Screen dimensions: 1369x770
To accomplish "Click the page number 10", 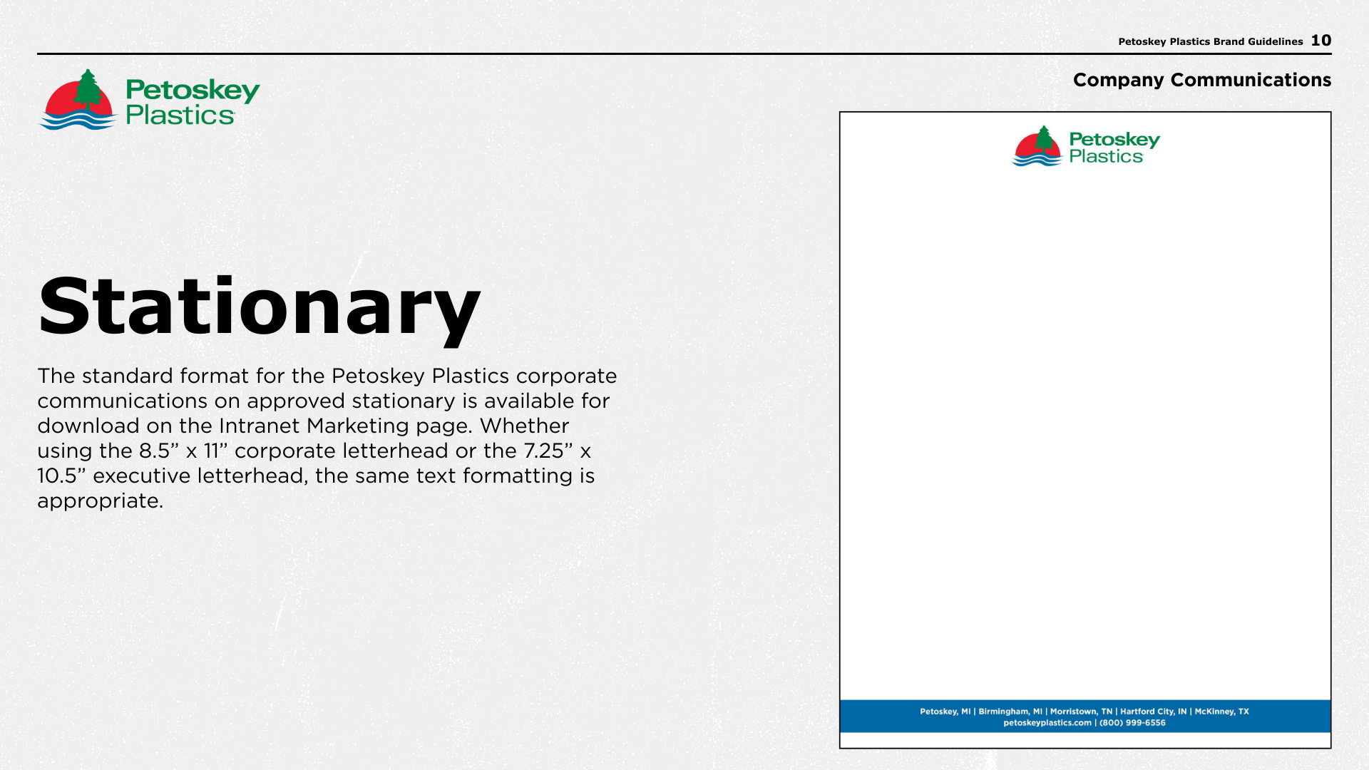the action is pyautogui.click(x=1321, y=41).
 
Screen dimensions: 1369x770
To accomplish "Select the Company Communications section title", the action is pyautogui.click(x=1202, y=80).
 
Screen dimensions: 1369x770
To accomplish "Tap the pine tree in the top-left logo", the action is pyautogui.click(x=88, y=91).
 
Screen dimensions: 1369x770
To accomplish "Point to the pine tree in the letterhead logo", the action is pyautogui.click(x=1044, y=138).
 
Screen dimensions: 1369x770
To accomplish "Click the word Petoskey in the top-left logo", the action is pyautogui.click(x=193, y=91).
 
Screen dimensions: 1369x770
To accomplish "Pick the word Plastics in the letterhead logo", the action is pyautogui.click(x=1106, y=157).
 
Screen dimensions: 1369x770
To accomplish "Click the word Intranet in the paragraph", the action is pyautogui.click(x=260, y=426).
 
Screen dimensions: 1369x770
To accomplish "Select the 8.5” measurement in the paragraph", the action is pyautogui.click(x=159, y=451).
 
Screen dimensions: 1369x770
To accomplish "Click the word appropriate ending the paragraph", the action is pyautogui.click(x=101, y=502).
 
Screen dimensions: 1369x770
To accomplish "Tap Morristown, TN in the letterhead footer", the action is pyautogui.click(x=1081, y=712).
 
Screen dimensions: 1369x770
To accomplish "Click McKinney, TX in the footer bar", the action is pyautogui.click(x=1222, y=712).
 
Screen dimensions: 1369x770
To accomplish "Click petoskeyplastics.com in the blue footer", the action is pyautogui.click(x=1047, y=723).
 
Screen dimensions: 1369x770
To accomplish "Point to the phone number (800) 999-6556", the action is pyautogui.click(x=1132, y=723).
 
